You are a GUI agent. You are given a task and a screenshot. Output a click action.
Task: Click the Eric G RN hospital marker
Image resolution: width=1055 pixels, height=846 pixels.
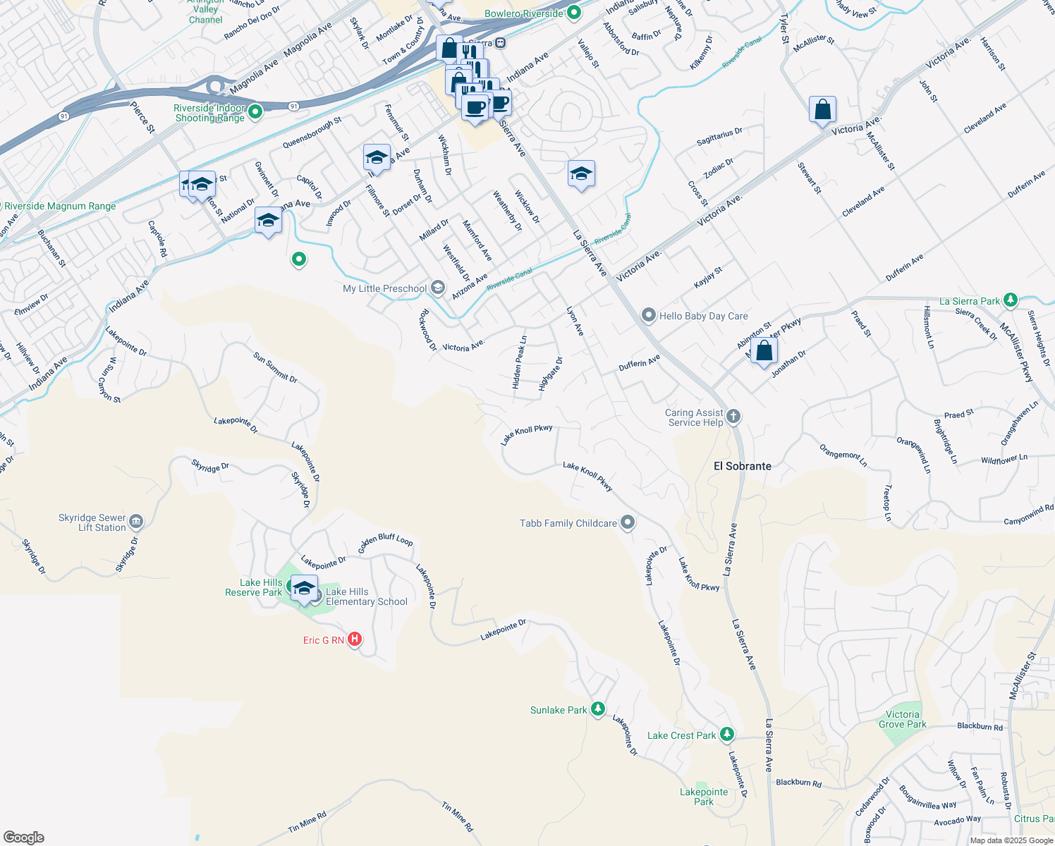[x=355, y=639]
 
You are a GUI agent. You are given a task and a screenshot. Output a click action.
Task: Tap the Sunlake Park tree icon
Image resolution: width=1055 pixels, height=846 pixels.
[x=598, y=709]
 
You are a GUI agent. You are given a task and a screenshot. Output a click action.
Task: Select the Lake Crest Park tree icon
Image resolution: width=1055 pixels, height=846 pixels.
[x=727, y=735]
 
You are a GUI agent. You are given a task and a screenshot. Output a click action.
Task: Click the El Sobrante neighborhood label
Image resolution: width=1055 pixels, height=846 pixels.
[x=743, y=466]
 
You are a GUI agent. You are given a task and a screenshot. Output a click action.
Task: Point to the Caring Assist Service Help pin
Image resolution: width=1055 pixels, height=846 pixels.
[x=733, y=417]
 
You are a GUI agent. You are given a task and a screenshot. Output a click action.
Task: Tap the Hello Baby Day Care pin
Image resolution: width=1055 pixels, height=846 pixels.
[x=649, y=316]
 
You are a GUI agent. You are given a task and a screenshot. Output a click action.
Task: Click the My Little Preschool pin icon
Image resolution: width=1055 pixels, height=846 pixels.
[x=438, y=288]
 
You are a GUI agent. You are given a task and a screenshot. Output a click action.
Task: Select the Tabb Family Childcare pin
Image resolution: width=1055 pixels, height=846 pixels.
[x=628, y=522]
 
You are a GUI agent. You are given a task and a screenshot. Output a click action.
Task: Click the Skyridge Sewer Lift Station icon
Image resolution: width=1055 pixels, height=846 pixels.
[x=137, y=522]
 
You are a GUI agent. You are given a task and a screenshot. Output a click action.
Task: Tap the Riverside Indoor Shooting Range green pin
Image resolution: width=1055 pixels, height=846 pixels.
[x=255, y=111]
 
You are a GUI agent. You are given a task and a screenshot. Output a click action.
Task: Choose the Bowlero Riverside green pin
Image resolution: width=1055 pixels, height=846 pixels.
[x=574, y=13]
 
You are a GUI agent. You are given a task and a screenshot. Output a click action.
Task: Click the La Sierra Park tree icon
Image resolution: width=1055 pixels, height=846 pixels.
[x=1011, y=301]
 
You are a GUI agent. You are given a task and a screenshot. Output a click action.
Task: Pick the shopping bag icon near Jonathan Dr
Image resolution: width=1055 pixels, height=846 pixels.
[x=764, y=350]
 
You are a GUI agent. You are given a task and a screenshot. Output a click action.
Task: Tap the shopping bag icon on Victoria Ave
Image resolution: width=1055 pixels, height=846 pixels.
[x=822, y=110]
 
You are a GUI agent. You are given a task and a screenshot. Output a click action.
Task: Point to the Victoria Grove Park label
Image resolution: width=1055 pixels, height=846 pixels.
[x=903, y=719]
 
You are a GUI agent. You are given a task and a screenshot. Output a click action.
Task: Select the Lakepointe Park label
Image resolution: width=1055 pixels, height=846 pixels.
[x=704, y=797]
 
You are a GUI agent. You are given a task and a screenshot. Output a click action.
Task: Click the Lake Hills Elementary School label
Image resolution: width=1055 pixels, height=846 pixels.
[x=367, y=596]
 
